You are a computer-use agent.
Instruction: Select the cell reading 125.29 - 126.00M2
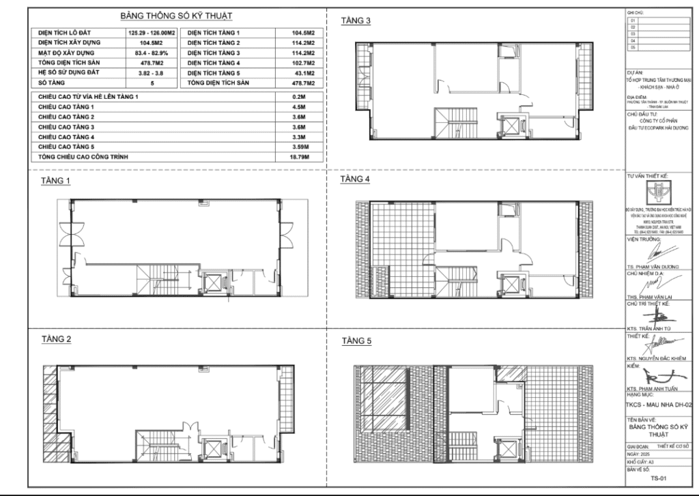click(x=150, y=33)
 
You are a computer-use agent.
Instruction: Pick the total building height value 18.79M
click(x=299, y=158)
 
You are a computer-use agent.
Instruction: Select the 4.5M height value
click(x=299, y=108)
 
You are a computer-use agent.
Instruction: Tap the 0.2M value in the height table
click(x=299, y=97)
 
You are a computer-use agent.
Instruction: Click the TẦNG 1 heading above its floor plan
click(x=56, y=181)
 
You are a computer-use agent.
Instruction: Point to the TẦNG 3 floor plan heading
click(x=355, y=21)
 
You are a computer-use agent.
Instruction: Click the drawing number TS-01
click(x=658, y=478)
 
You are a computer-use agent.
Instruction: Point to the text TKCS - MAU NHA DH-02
click(x=659, y=405)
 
